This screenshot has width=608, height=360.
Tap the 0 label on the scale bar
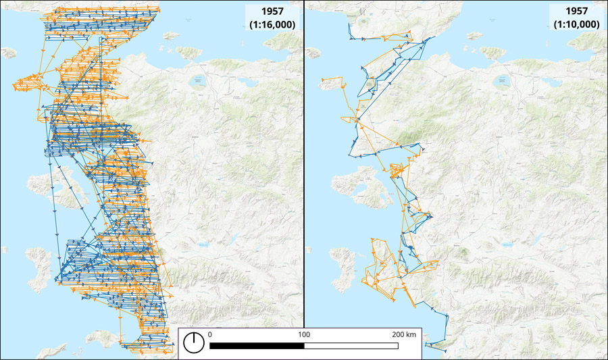(x=210, y=334)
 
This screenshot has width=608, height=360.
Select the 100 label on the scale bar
(x=304, y=334)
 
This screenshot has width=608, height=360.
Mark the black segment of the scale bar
(x=257, y=346)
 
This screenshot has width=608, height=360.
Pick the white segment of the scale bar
(x=351, y=346)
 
